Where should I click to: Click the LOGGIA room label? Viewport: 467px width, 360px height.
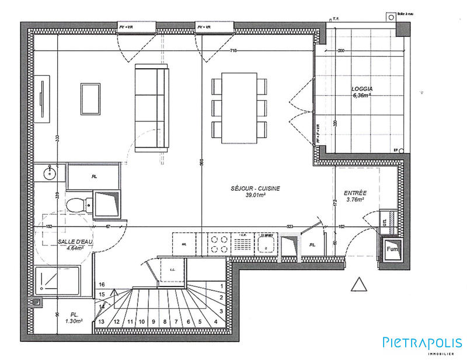point(361,89)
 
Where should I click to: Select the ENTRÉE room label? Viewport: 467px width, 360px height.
point(355,192)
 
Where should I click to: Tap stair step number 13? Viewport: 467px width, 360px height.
point(101,321)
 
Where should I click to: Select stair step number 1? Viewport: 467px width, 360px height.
point(221,286)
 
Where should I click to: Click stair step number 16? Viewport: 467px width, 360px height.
point(101,284)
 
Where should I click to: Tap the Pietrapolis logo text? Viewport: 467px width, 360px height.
point(421,342)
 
